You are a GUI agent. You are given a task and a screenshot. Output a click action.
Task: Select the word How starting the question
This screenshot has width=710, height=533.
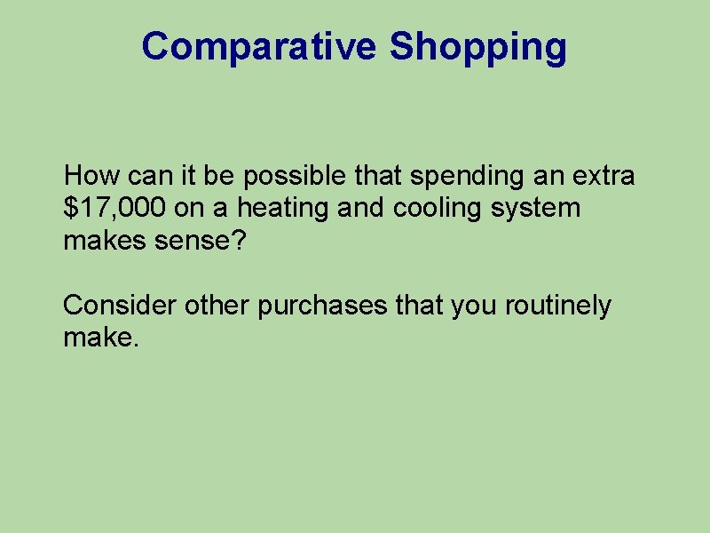pos(88,176)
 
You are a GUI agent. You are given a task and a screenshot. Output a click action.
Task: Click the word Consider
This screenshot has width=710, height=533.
pos(120,306)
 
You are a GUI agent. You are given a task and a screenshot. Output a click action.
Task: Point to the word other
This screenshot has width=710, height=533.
pos(217,306)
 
